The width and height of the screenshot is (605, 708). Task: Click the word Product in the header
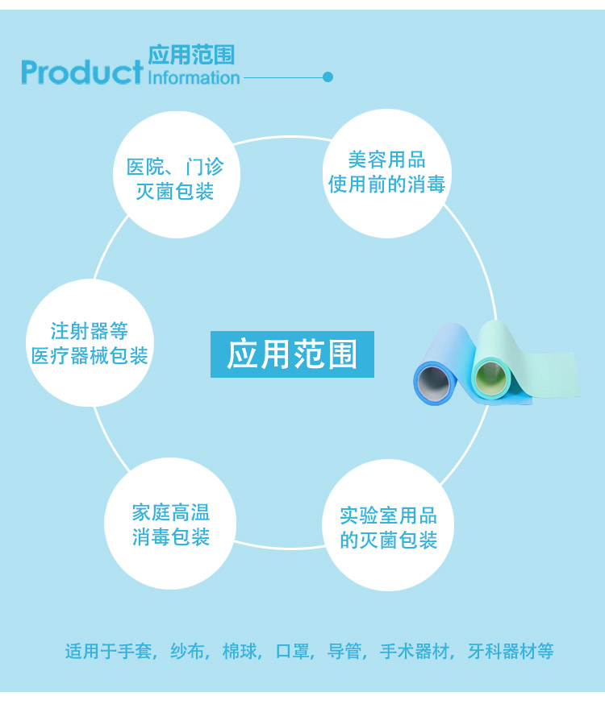(x=81, y=72)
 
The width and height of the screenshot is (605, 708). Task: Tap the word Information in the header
(x=194, y=77)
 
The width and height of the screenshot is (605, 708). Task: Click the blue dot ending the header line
(x=328, y=77)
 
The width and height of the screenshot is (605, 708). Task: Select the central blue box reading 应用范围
(x=292, y=354)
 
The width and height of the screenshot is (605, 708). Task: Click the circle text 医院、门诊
(x=175, y=167)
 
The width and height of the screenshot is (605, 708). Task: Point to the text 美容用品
(x=387, y=159)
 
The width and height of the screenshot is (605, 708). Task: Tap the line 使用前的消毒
(x=387, y=184)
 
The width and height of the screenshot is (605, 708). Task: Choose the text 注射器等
(x=90, y=331)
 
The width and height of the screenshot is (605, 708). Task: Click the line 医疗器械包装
(x=90, y=356)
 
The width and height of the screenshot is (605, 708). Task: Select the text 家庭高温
(x=171, y=513)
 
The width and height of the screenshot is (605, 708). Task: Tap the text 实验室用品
(x=388, y=515)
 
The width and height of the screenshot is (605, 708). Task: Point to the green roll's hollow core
(x=491, y=375)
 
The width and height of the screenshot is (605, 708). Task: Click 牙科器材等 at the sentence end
(x=511, y=651)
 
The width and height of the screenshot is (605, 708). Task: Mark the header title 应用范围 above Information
(x=191, y=55)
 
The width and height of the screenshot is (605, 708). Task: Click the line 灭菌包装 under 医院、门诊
(x=175, y=192)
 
